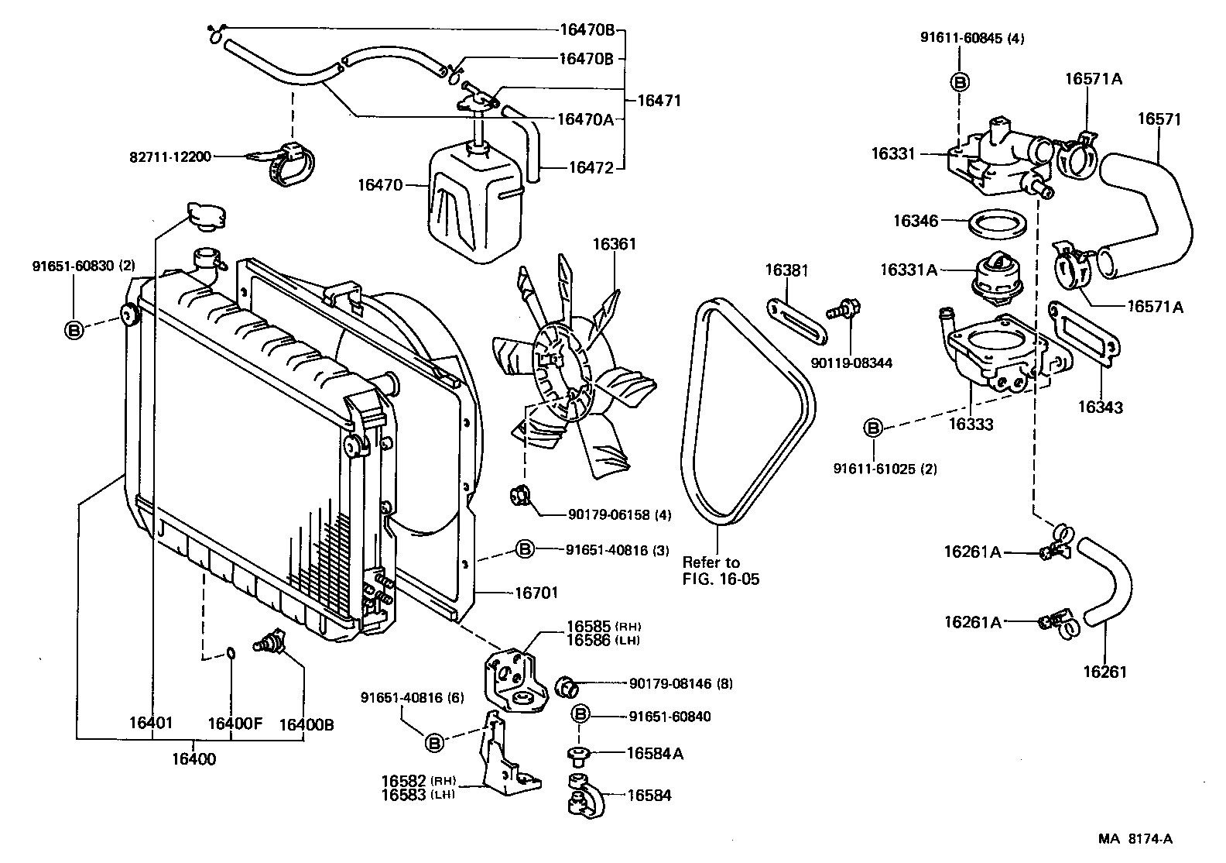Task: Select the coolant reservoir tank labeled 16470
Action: (472, 205)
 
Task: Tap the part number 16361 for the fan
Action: (615, 244)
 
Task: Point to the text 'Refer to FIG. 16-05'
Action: (720, 571)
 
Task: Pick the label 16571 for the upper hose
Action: (1159, 119)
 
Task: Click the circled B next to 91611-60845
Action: (959, 82)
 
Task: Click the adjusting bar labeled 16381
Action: (796, 323)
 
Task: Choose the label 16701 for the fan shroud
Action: (536, 593)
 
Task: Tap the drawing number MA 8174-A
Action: (1134, 838)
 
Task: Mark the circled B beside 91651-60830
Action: (74, 330)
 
